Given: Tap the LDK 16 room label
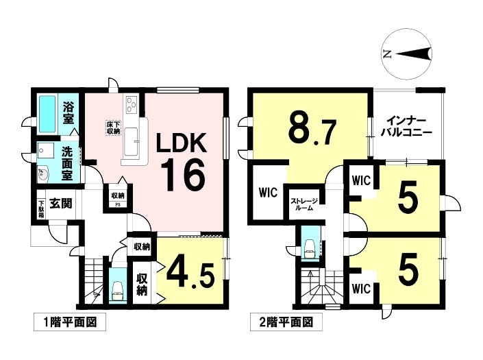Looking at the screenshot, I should tap(182, 161).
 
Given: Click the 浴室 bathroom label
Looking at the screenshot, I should tap(69, 113).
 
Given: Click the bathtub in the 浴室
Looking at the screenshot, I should tap(47, 113).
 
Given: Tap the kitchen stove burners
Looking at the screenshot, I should tap(132, 106).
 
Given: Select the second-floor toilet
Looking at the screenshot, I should tap(310, 245).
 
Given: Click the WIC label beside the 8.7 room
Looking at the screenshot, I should tap(267, 193).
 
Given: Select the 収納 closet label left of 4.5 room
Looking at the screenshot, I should tap(143, 285).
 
